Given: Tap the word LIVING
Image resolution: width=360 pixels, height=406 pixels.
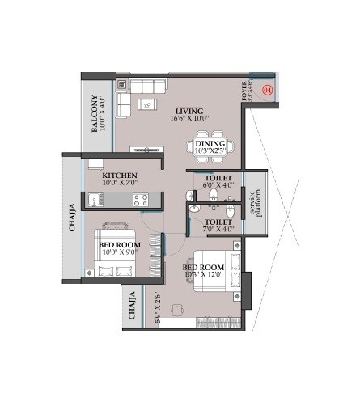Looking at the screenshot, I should click(188, 112).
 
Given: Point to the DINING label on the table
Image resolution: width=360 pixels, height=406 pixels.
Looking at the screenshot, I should click(210, 143).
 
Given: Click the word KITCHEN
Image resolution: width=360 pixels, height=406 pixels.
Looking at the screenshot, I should click(119, 175).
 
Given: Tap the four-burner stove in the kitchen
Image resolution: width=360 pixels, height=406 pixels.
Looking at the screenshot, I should click(140, 198).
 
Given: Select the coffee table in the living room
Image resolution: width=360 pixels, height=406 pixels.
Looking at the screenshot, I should click(146, 103).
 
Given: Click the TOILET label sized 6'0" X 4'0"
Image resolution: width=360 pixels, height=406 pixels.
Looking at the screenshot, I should click(218, 176).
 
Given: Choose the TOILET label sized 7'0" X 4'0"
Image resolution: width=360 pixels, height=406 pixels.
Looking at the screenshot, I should click(218, 221).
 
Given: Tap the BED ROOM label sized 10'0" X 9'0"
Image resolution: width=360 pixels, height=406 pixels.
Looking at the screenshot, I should click(120, 243).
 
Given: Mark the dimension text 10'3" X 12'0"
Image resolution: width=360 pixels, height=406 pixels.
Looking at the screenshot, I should click(202, 275).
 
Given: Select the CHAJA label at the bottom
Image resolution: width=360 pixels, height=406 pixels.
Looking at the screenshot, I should click(133, 308).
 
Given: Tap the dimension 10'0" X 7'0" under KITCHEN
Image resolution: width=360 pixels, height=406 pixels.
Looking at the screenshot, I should click(119, 184).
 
